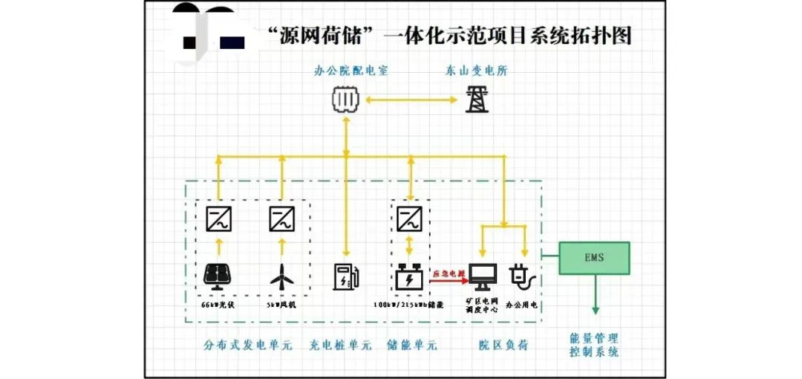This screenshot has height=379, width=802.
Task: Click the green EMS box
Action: [594, 258]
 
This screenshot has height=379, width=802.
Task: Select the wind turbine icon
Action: [281, 278]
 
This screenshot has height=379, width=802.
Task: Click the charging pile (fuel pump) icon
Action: [346, 276]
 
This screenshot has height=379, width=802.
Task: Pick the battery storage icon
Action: [409, 278]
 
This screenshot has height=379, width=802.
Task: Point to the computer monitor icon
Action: [483, 277]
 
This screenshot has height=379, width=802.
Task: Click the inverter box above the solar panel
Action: [219, 218]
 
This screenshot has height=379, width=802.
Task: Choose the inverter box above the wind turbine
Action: [281, 218]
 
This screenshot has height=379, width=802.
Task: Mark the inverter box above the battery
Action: [409, 218]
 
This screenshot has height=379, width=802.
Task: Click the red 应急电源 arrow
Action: [449, 279]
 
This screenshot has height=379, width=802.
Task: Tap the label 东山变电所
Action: [477, 71]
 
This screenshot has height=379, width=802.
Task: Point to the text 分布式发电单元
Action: [248, 345]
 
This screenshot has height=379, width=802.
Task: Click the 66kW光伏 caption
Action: [218, 305]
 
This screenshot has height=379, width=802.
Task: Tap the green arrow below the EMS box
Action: [594, 297]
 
